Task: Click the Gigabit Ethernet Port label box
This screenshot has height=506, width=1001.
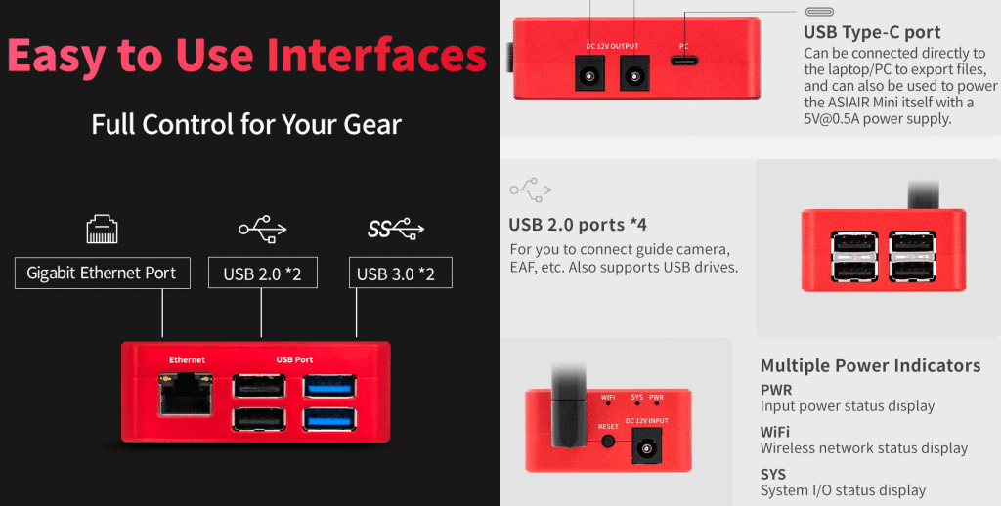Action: (102, 274)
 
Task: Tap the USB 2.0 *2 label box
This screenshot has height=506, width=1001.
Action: (262, 274)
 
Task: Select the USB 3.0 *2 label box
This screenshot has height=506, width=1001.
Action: (400, 274)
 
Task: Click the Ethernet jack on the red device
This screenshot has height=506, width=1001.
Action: (186, 395)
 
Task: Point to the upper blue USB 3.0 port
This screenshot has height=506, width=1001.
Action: (329, 386)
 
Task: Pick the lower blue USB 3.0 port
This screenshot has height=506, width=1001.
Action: (329, 419)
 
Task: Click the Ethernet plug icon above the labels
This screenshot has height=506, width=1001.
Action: (102, 230)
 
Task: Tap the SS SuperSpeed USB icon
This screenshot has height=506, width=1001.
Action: (396, 228)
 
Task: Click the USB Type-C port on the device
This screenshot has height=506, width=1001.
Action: (683, 62)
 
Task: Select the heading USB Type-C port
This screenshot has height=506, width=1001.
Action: (872, 32)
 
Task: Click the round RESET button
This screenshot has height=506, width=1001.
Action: (608, 441)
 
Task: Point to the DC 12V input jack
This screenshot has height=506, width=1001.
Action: (647, 444)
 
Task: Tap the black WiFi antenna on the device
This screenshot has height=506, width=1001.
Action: (568, 406)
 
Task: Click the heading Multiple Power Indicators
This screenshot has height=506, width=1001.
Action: (870, 365)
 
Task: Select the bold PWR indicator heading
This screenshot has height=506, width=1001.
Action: (776, 389)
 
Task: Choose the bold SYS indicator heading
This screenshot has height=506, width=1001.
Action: (773, 474)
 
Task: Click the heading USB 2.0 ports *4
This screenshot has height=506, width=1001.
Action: (578, 225)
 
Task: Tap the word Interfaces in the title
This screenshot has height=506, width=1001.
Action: (376, 55)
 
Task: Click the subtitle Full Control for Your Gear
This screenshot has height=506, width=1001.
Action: (246, 124)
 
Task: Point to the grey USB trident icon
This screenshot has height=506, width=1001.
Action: (531, 190)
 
